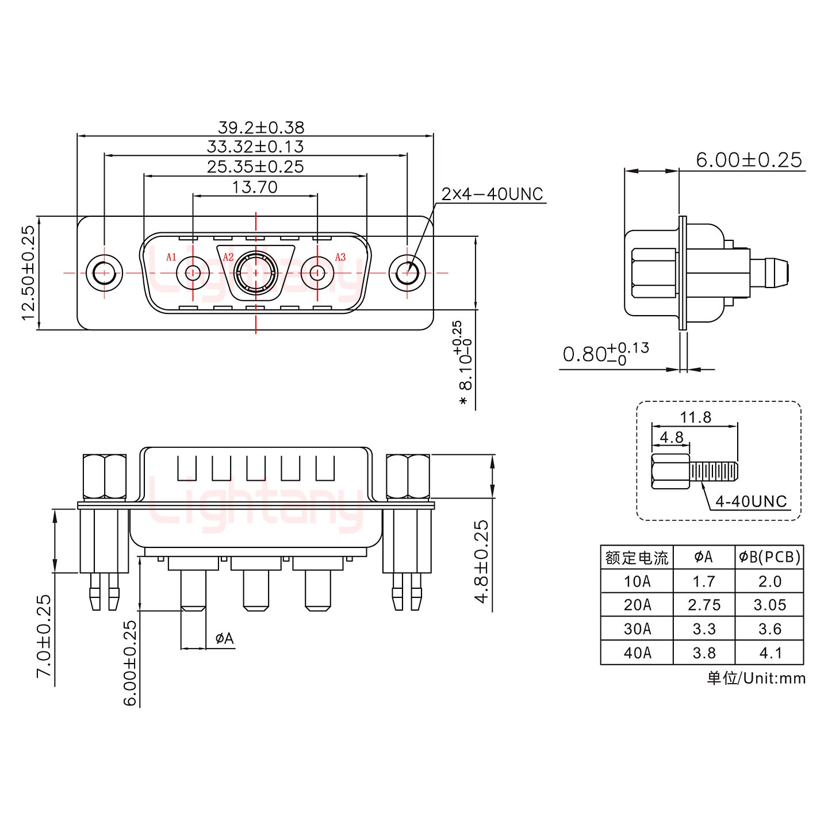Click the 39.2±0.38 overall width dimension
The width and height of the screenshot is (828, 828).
(x=261, y=127)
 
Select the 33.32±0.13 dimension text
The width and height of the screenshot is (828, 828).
(x=255, y=147)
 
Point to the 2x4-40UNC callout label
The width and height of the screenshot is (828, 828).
(x=492, y=194)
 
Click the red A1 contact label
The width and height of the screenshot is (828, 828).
(x=171, y=257)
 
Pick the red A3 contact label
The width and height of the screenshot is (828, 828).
(x=340, y=257)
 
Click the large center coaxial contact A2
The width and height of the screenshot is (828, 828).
(x=255, y=273)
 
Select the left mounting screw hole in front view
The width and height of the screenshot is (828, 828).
(x=104, y=273)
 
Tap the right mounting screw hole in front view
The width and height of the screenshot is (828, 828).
(x=407, y=273)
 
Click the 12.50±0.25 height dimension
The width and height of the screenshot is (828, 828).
(x=28, y=273)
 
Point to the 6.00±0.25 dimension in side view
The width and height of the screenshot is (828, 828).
(x=749, y=160)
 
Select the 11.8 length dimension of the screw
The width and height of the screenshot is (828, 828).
(x=696, y=417)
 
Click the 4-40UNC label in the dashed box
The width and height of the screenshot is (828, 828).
(x=750, y=501)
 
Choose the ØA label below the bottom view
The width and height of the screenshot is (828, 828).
(x=224, y=638)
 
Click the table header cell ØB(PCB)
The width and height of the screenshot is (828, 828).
(x=769, y=557)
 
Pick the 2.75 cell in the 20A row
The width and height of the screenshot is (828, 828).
(x=704, y=605)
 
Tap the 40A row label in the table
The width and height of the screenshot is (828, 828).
(x=637, y=653)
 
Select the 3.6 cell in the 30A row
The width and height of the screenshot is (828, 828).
(x=769, y=629)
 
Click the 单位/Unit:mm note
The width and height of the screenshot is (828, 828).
(x=756, y=678)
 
